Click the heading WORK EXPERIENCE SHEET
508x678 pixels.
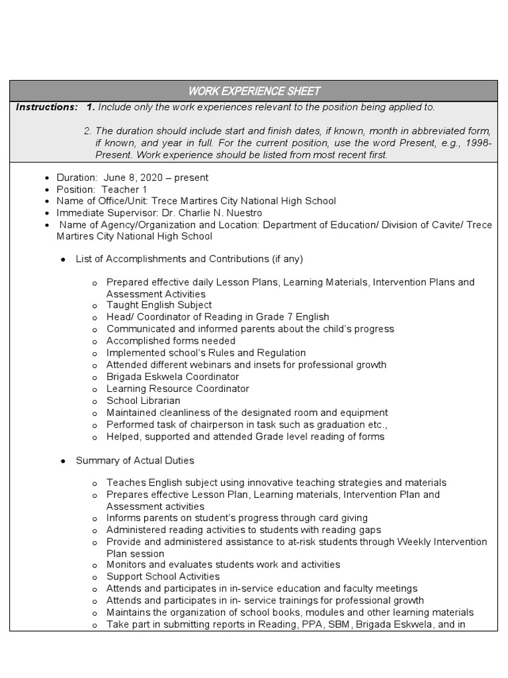[x=254, y=91]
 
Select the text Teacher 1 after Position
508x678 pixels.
[x=124, y=189]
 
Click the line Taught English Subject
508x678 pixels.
[x=159, y=305]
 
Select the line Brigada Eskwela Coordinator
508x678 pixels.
[x=173, y=377]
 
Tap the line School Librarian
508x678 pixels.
[x=143, y=401]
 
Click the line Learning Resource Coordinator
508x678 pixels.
[x=178, y=389]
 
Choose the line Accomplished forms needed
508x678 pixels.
[x=171, y=341]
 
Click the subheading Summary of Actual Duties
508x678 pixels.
[x=135, y=460]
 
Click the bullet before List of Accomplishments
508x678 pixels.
[x=63, y=259]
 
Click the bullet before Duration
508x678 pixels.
[x=46, y=178]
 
